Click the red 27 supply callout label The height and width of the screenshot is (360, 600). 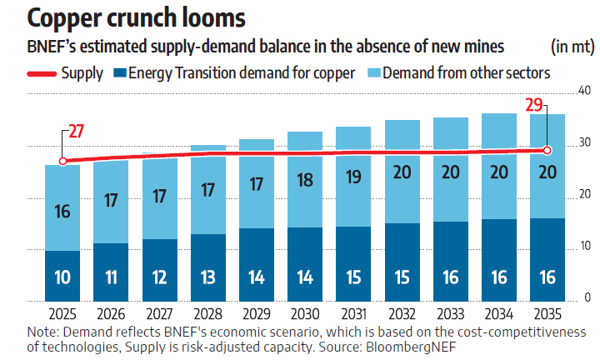(x=77, y=131)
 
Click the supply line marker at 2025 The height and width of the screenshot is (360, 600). (x=62, y=161)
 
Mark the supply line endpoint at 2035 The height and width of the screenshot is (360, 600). (x=547, y=150)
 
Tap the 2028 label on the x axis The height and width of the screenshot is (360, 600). (x=207, y=314)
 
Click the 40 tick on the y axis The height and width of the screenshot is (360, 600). (x=584, y=91)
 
